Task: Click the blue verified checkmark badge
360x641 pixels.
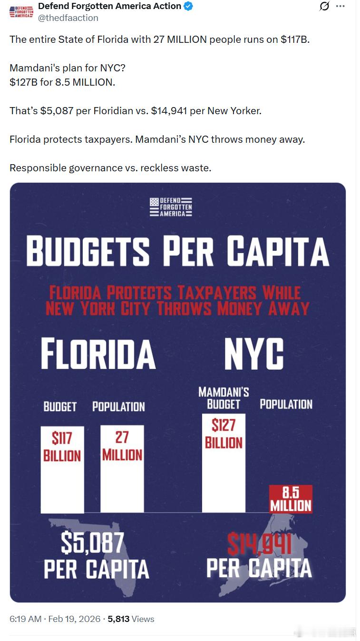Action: pos(188,7)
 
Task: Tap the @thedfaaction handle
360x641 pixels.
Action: pos(68,18)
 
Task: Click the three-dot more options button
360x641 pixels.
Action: pos(340,6)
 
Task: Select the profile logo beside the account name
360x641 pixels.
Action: pos(21,12)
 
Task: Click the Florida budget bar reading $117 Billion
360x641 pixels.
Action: pos(62,469)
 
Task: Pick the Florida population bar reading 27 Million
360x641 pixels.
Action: pos(122,469)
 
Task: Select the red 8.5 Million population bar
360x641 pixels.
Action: pos(291,499)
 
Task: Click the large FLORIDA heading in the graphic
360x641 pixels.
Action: pos(98,354)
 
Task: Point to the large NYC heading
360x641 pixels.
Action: pos(254,354)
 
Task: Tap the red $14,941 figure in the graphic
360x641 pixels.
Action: pos(259,544)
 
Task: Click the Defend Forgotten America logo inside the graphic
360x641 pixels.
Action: pos(171,207)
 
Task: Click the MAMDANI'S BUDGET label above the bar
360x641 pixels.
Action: pos(224,398)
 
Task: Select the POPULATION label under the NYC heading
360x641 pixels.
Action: pos(286,404)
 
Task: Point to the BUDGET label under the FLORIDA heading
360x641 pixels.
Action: pos(60,406)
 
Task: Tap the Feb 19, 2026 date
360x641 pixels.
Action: pos(74,619)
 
